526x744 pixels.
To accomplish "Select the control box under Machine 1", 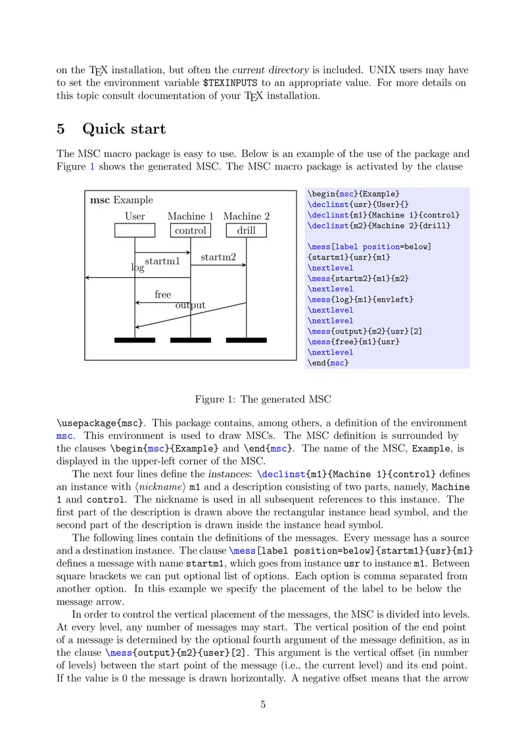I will tap(191, 230).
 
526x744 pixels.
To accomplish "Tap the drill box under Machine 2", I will tap(247, 230).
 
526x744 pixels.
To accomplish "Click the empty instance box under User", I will tap(135, 230).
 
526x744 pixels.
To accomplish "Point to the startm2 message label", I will tap(218, 257).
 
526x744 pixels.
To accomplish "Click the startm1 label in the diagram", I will tap(162, 262).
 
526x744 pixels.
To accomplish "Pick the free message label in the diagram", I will tap(163, 294).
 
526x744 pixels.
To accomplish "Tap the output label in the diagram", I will tap(190, 305).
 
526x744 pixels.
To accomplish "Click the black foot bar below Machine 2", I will tap(247, 340).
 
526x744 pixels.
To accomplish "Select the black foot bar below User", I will tap(135, 340).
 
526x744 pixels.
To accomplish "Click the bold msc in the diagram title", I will tap(100, 200).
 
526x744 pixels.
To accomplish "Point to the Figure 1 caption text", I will tap(263, 399).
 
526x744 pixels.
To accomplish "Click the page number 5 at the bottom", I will tap(263, 705).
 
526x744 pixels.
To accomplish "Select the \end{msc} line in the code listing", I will tap(328, 363).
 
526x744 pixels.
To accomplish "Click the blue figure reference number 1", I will tap(92, 166).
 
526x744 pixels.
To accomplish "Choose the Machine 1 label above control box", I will tap(191, 216).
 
